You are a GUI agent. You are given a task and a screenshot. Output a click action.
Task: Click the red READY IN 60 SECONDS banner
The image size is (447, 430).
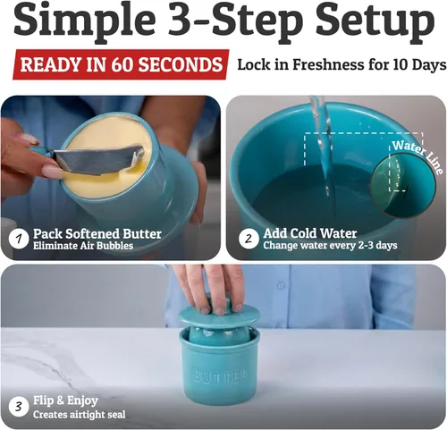click(x=120, y=64)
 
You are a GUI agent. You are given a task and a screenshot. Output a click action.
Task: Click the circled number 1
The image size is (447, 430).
click(x=17, y=239)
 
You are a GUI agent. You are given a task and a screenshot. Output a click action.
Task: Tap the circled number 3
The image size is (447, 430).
click(x=17, y=407)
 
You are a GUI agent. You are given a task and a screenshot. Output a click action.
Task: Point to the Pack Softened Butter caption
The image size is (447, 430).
click(x=97, y=233)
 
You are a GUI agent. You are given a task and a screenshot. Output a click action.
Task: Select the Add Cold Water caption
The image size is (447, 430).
click(x=309, y=233)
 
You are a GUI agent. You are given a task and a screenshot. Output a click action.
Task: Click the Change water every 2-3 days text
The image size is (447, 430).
click(x=328, y=246)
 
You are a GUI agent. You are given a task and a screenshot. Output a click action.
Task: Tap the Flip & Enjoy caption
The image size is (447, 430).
click(x=65, y=400)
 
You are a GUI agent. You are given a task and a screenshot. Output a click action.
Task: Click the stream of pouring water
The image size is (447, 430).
click(x=319, y=143)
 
